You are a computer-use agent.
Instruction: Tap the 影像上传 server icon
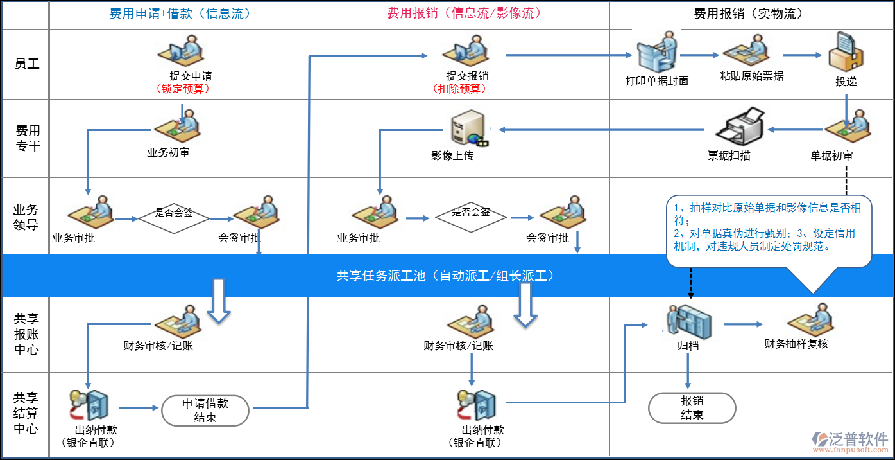(x=467, y=128)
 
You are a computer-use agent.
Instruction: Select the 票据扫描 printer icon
(x=740, y=128)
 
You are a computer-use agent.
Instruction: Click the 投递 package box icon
(x=845, y=53)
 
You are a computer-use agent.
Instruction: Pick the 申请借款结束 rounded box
(x=205, y=410)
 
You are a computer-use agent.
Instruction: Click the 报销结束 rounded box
(x=692, y=408)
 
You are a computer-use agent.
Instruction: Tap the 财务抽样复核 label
(x=796, y=344)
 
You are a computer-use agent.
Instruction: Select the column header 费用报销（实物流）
(x=748, y=13)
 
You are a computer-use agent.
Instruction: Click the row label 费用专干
(x=27, y=138)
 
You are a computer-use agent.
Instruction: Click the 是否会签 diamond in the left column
(x=174, y=219)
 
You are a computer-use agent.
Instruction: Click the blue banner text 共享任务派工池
(x=445, y=276)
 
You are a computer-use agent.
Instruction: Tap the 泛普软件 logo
(x=848, y=441)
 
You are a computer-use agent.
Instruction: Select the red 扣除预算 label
(x=459, y=89)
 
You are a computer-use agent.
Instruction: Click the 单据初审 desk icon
(x=846, y=127)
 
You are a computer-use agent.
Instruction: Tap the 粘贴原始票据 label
(x=751, y=76)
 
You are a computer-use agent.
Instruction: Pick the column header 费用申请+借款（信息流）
(x=180, y=13)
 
